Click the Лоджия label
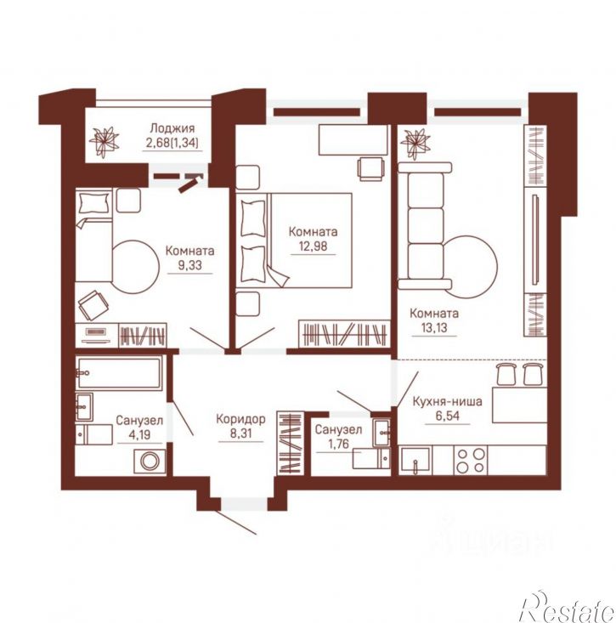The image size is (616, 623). (172, 128)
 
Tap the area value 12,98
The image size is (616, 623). (314, 246)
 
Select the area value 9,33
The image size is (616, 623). (189, 265)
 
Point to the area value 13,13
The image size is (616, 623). (434, 328)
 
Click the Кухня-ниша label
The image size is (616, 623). (448, 401)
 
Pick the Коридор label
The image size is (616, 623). (240, 419)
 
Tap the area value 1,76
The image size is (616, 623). (338, 444)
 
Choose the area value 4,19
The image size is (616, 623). (139, 434)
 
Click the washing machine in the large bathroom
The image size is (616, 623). (150, 462)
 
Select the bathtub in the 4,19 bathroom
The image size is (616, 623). (120, 373)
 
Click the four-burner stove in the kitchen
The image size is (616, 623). (471, 460)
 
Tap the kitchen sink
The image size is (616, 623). (415, 461)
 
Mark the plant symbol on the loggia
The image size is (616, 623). (104, 142)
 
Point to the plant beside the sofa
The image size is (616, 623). (415, 142)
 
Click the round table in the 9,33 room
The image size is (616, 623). (135, 267)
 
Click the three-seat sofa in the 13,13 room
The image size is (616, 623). (425, 226)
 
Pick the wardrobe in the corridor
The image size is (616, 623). (291, 443)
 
